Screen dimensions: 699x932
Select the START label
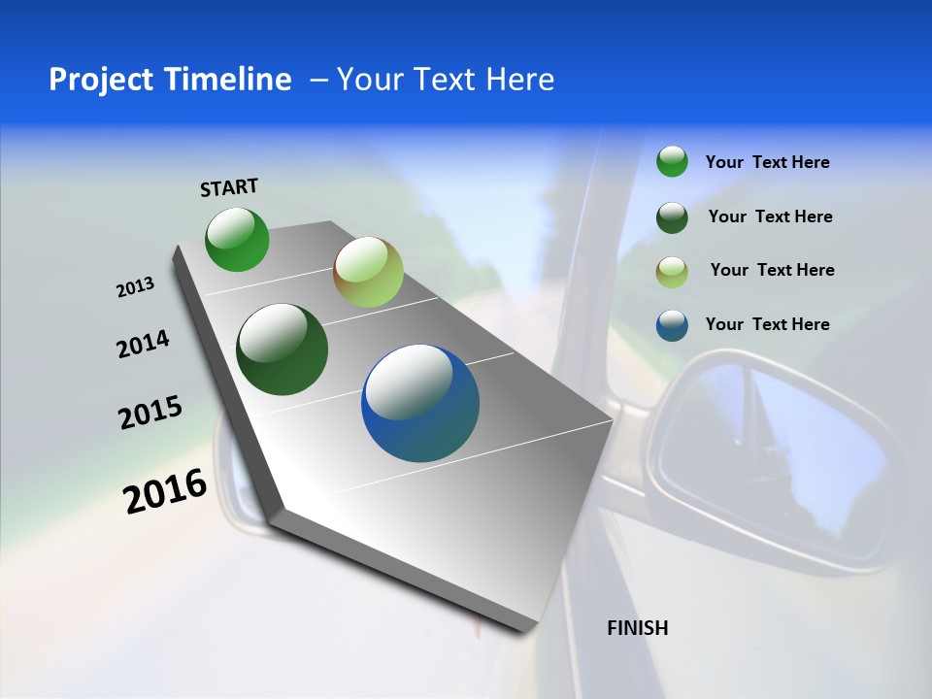[x=229, y=187]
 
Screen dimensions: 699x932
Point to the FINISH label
[x=637, y=628]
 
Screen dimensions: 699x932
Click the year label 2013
[x=136, y=287]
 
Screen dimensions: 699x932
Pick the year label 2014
[x=143, y=344]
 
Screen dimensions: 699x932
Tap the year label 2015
[x=150, y=413]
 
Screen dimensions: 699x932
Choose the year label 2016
[x=165, y=491]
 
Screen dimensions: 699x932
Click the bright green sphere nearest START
[x=237, y=240]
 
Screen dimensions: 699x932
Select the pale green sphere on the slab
[x=368, y=273]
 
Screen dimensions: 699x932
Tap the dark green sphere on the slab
[x=283, y=350]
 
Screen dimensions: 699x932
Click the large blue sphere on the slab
[x=420, y=403]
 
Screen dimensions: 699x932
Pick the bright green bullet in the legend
[x=672, y=161]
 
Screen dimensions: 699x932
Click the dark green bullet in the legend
[x=672, y=216]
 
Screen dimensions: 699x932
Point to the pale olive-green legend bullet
[x=672, y=271]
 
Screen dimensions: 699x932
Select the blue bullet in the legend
[x=672, y=325]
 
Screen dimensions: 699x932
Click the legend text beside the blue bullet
[x=767, y=324]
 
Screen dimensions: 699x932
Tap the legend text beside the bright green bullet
[x=767, y=162]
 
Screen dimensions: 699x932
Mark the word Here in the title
[x=520, y=80]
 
